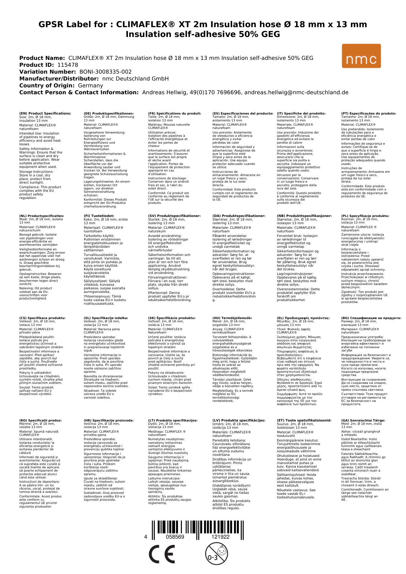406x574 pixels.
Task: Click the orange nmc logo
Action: (361, 56)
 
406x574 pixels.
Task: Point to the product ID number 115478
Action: (68, 65)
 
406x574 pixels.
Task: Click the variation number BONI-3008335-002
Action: (106, 72)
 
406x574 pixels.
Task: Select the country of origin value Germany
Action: (90, 85)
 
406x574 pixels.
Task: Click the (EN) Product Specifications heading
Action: (45, 114)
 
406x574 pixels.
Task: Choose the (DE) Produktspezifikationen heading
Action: (109, 114)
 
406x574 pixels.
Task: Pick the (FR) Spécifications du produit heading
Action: (174, 114)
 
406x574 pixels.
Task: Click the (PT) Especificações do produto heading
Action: (368, 114)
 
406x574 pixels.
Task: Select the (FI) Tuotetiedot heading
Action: (99, 216)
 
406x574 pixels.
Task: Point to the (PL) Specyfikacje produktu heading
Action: (365, 216)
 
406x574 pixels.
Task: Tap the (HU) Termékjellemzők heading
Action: (232, 318)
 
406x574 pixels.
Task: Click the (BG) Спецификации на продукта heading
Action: (371, 318)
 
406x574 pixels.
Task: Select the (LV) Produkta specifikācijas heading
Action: (239, 420)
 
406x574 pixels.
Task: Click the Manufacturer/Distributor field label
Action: (59, 79)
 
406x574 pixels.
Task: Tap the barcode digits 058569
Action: (175, 537)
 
